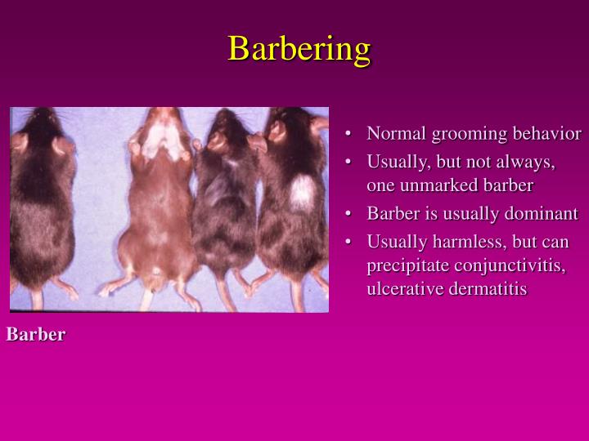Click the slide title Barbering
299,48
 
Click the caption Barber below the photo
36,335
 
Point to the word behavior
546,133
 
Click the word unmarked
432,185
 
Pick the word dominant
542,214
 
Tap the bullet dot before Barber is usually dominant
349,215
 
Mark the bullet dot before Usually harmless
349,243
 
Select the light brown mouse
160,212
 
